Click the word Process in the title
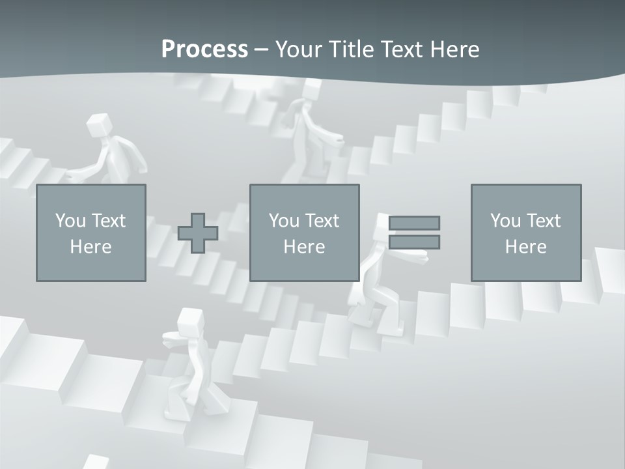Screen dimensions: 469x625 204,50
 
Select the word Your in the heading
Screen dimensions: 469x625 299,50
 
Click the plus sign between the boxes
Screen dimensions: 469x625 198,233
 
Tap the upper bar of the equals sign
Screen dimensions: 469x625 414,223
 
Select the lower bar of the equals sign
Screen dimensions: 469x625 414,242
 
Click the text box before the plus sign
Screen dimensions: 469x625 90,233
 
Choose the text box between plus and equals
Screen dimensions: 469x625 304,233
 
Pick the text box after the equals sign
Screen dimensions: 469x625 526,233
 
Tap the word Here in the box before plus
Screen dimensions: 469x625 90,247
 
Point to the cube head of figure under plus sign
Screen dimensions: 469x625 190,320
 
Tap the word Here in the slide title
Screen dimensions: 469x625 455,50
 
